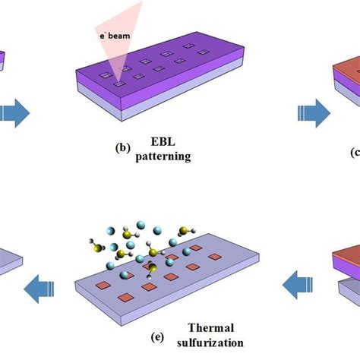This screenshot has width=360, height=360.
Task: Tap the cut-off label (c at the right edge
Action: coord(355,152)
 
